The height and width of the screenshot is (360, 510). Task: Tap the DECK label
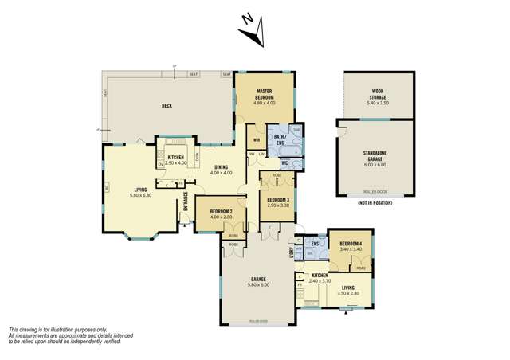(167, 105)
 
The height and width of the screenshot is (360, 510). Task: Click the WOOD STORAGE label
(379, 98)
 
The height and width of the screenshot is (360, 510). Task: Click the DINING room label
(221, 167)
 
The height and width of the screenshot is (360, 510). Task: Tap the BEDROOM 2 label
(220, 211)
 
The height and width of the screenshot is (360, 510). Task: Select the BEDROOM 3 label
(277, 199)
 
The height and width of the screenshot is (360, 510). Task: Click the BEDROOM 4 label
(350, 244)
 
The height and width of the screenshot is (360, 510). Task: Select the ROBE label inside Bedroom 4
(360, 268)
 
